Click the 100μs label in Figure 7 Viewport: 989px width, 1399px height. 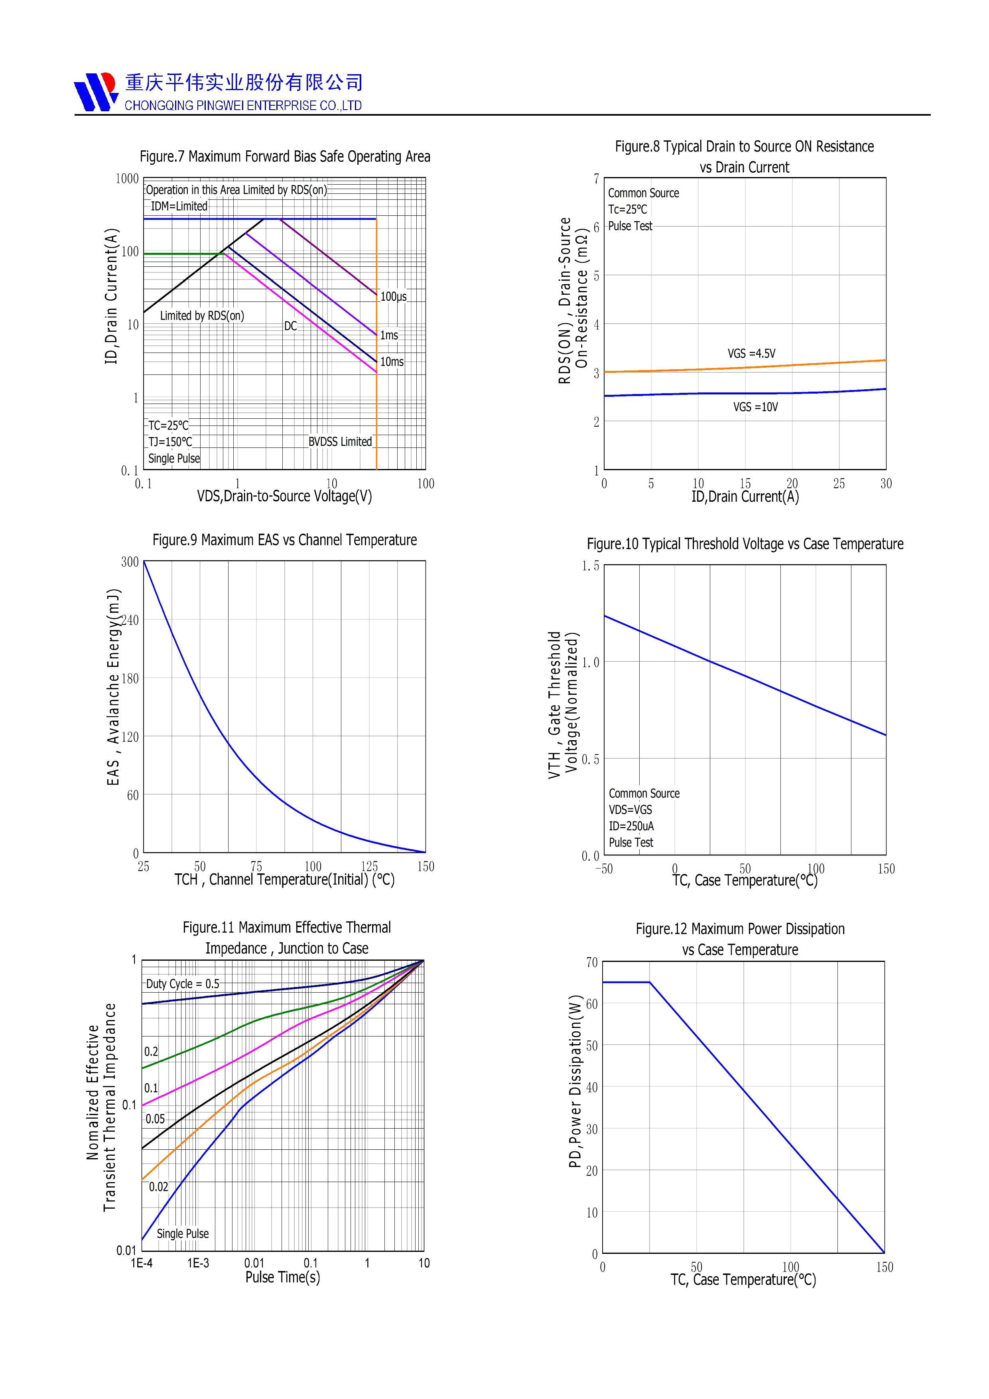(393, 297)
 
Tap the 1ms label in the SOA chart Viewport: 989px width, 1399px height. (389, 335)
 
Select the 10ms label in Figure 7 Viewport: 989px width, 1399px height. (392, 362)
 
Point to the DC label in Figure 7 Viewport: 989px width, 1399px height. (291, 327)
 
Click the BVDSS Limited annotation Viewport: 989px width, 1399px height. (340, 442)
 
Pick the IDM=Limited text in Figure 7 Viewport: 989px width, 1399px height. (179, 207)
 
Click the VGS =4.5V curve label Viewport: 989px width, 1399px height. (751, 353)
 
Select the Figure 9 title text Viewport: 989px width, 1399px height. (285, 540)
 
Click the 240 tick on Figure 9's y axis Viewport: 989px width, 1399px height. (130, 620)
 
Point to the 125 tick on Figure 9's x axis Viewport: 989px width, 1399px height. (369, 867)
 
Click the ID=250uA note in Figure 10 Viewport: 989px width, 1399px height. (631, 826)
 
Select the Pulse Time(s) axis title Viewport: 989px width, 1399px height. (282, 1278)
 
